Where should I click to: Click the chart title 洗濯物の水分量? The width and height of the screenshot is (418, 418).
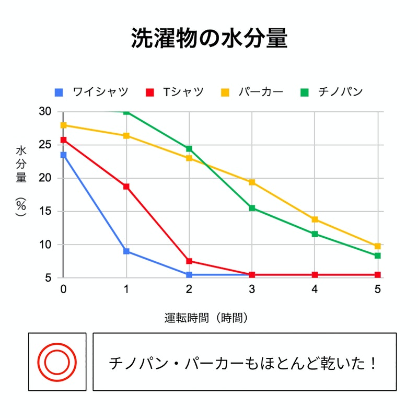(x=208, y=39)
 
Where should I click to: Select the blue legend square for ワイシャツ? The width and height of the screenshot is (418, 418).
(x=59, y=92)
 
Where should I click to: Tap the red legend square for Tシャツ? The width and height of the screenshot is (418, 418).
(x=150, y=92)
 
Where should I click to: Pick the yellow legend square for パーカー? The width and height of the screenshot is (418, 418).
(x=225, y=92)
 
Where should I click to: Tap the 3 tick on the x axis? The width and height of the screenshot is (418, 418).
(x=252, y=289)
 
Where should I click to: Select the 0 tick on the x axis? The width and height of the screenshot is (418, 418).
(x=63, y=289)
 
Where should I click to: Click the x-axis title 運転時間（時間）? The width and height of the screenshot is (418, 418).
(x=206, y=317)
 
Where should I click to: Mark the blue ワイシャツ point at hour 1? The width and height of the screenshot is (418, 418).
(x=126, y=251)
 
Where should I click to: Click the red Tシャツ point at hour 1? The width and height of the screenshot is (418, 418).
(x=126, y=187)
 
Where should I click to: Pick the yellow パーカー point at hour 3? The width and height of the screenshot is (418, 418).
(x=252, y=182)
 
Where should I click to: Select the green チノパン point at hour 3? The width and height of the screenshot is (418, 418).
(x=252, y=208)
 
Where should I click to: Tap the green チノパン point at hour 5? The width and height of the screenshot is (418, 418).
(x=378, y=256)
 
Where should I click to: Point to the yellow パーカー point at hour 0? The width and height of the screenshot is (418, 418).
(x=63, y=125)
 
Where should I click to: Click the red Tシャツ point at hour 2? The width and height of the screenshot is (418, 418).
(x=189, y=261)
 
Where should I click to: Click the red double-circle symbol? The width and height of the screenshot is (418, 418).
(x=57, y=362)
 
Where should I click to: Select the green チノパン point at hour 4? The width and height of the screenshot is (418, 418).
(x=315, y=234)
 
